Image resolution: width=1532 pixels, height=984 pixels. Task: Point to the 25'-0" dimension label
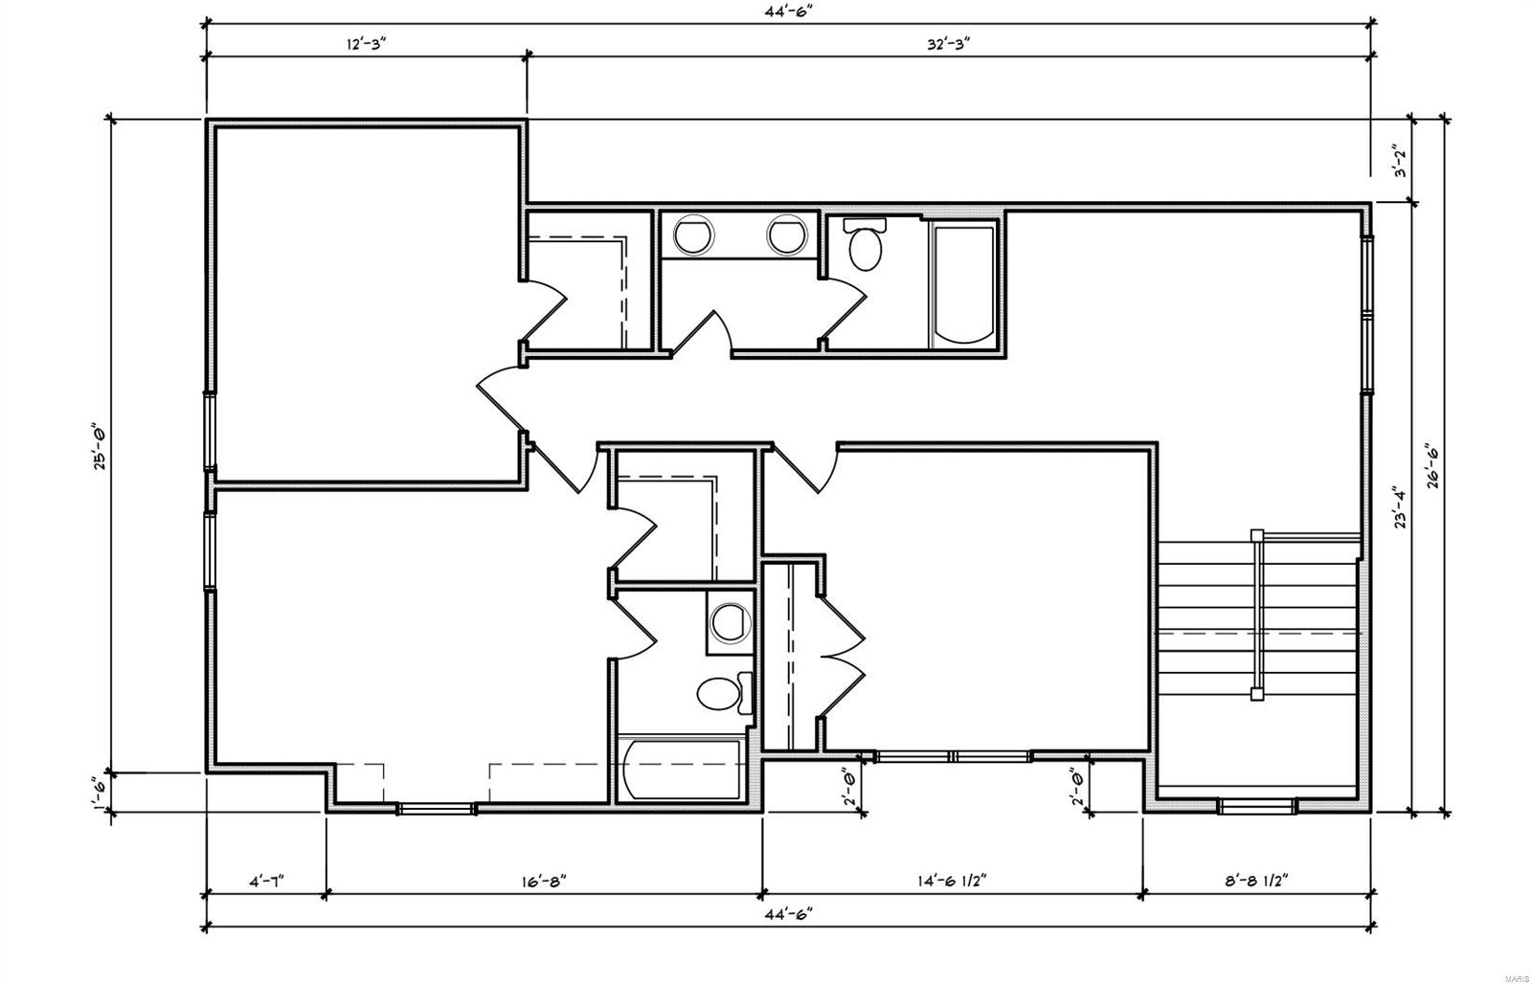click(x=99, y=447)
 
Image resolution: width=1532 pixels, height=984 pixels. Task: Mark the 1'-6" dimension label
click(x=99, y=792)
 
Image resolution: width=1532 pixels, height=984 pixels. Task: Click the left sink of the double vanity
click(x=692, y=235)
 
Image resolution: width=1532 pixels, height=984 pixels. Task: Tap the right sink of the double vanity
click(x=786, y=235)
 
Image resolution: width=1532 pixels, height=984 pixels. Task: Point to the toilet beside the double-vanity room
click(x=867, y=244)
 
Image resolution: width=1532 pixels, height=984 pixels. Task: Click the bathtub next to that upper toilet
click(x=963, y=283)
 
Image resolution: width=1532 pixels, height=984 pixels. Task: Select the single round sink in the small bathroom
click(x=732, y=620)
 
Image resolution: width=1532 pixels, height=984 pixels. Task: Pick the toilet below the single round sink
click(x=721, y=693)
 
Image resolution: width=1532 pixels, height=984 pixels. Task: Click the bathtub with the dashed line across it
click(x=681, y=769)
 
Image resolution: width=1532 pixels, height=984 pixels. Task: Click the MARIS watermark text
click(x=1516, y=975)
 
